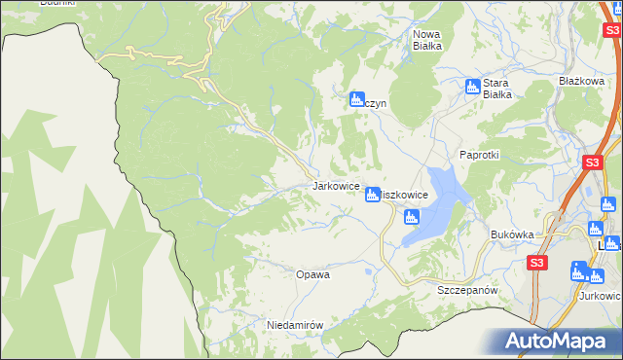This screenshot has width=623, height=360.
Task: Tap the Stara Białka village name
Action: [497, 88]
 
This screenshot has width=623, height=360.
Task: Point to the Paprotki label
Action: [479, 155]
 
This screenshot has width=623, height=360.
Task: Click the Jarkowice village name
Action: [336, 185]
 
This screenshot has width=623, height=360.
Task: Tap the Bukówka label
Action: [513, 234]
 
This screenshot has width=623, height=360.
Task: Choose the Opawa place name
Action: [312, 274]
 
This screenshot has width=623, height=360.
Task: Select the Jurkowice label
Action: [601, 296]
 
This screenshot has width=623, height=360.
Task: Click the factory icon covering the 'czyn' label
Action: [356, 97]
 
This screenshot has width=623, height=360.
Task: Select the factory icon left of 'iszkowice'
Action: [372, 196]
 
